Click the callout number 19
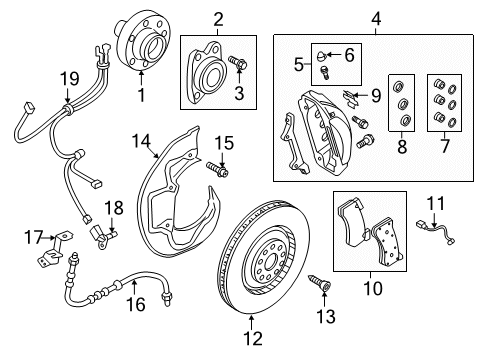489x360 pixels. [x=70, y=79]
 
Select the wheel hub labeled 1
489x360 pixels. [x=143, y=40]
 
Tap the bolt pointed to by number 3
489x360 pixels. [x=237, y=62]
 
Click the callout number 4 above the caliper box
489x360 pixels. [x=375, y=19]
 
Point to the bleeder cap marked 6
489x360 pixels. [x=322, y=57]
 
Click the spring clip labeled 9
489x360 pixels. [x=350, y=98]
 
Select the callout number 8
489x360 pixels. [x=402, y=146]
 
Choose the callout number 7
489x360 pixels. [x=445, y=146]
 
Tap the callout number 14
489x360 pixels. [x=141, y=141]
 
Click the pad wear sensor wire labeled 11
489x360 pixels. [x=436, y=233]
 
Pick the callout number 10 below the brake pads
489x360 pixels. [x=373, y=288]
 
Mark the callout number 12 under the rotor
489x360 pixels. [x=253, y=338]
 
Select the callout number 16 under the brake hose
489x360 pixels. [x=136, y=305]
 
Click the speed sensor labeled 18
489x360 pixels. [x=102, y=236]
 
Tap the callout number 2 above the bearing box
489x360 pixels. [x=218, y=19]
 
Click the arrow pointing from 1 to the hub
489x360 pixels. [x=141, y=79]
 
